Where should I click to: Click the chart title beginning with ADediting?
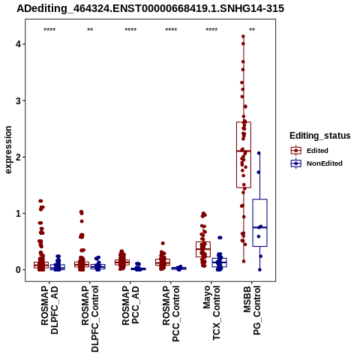[150, 8]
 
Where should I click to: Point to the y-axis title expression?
[8, 150]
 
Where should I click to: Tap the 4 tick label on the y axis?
[18, 44]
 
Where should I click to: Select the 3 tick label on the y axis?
[18, 100]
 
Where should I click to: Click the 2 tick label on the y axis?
[18, 157]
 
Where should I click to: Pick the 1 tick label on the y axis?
[18, 214]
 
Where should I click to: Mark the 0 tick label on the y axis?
[18, 270]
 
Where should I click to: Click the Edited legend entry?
[317, 151]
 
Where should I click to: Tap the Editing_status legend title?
[320, 136]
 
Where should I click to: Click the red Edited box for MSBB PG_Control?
[244, 154]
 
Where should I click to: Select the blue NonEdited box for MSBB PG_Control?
[260, 223]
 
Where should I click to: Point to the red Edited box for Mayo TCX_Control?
[203, 249]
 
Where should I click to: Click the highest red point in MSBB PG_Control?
[243, 37]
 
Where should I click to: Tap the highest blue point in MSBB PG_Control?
[259, 153]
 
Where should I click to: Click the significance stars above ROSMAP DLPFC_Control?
[90, 30]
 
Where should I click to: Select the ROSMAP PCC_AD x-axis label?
[130, 305]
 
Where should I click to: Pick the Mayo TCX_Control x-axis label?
[211, 313]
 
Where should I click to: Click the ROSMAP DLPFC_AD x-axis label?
[49, 310]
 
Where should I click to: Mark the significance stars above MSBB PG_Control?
[252, 30]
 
